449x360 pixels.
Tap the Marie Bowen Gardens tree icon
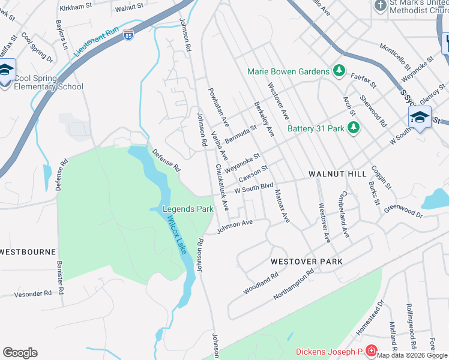pyautogui.click(x=339, y=71)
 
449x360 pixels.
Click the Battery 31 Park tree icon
pyautogui.click(x=354, y=128)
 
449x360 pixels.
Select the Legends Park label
pyautogui.click(x=188, y=209)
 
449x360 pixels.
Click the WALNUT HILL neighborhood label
pyautogui.click(x=337, y=174)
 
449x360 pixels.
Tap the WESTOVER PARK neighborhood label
pyautogui.click(x=306, y=262)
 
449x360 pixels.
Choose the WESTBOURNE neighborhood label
pyautogui.click(x=28, y=252)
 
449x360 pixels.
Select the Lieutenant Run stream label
pyautogui.click(x=96, y=41)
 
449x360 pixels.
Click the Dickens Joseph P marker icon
pyautogui.click(x=372, y=351)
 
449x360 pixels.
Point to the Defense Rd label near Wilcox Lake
pyautogui.click(x=166, y=160)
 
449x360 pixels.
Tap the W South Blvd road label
pyautogui.click(x=254, y=188)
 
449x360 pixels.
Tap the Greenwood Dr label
pyautogui.click(x=403, y=211)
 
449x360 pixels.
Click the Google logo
pyautogui.click(x=20, y=353)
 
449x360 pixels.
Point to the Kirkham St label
pyautogui.click(x=75, y=8)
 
